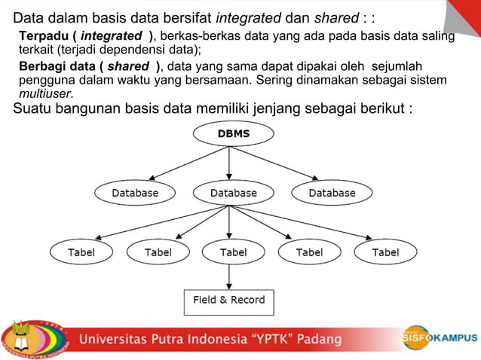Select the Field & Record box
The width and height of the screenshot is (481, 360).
(x=229, y=300)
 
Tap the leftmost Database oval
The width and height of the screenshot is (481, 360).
(x=135, y=193)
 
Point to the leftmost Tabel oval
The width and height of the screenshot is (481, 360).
(x=81, y=252)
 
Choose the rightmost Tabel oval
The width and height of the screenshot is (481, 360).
(x=385, y=252)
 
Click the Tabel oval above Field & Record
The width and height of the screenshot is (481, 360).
(x=233, y=252)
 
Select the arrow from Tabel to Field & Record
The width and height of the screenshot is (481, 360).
(x=230, y=276)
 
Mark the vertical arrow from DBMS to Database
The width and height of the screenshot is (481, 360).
(x=229, y=163)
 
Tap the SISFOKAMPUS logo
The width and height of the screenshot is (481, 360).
(x=440, y=338)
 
